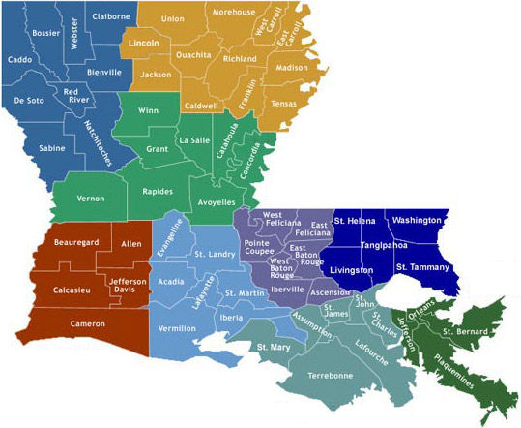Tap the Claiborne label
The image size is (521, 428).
pyautogui.click(x=110, y=16)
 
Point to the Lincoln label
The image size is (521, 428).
pyautogui.click(x=144, y=45)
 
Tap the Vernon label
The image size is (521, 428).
pyautogui.click(x=90, y=198)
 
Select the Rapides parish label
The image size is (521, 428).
pyautogui.click(x=157, y=191)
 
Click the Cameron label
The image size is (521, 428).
pyautogui.click(x=88, y=323)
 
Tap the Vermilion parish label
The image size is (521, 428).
pyautogui.click(x=178, y=329)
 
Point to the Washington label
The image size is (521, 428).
pyautogui.click(x=417, y=221)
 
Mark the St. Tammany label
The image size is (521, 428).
pyautogui.click(x=422, y=266)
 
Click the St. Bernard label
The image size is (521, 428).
pyautogui.click(x=462, y=332)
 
